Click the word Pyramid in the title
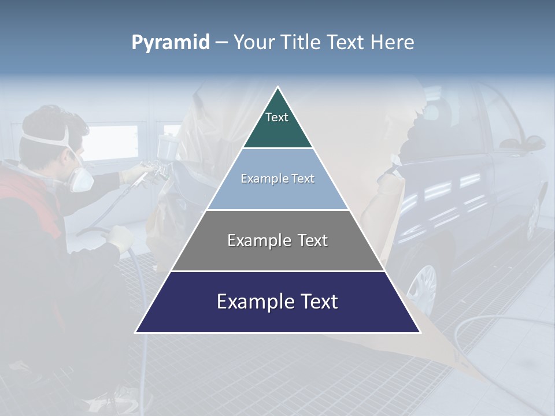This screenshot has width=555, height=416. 171,42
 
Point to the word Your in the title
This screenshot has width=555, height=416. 254,42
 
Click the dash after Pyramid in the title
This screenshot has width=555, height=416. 221,43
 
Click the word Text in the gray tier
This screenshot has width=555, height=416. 313,240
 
